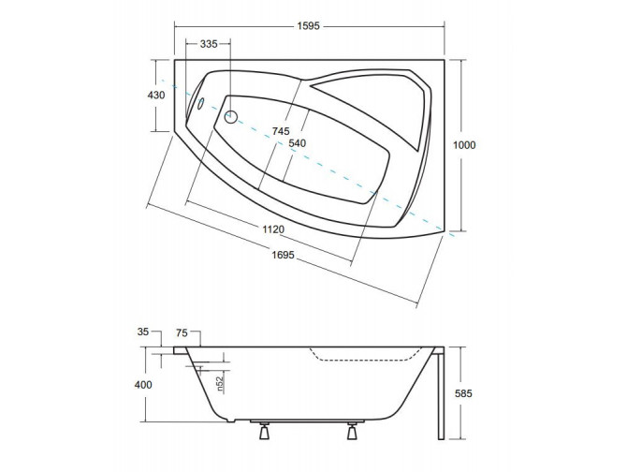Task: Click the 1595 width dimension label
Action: point(309,26)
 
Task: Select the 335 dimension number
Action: point(209,44)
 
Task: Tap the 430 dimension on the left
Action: point(156,95)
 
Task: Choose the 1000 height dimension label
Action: point(465,144)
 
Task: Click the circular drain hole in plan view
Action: point(232,117)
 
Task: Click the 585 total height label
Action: point(465,393)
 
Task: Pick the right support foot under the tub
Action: point(353,433)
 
